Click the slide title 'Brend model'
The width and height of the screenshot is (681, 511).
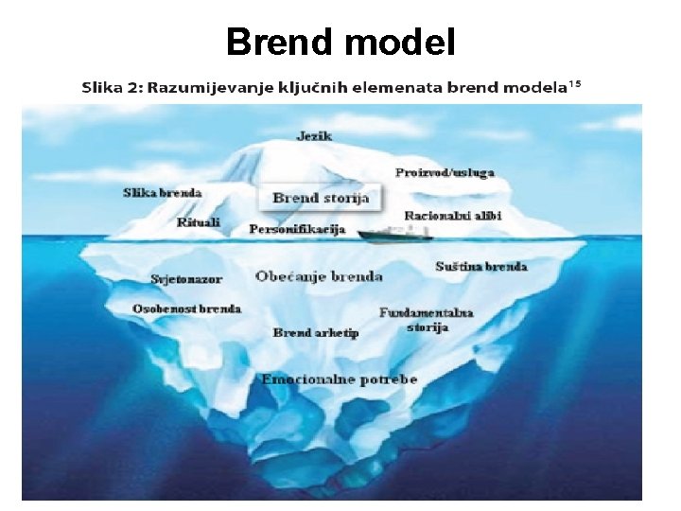(x=340, y=42)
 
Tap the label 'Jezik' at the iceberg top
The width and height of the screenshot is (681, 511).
(x=314, y=136)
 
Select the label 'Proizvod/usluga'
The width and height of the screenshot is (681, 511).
(x=445, y=172)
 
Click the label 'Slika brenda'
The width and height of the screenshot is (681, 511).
(x=163, y=193)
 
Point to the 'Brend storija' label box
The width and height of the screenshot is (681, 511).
(x=321, y=198)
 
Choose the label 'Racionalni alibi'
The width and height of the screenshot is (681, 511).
(x=453, y=216)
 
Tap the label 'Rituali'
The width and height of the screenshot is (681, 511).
(x=199, y=222)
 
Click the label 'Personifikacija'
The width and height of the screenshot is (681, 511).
(x=297, y=229)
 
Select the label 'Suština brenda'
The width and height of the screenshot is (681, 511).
(x=480, y=267)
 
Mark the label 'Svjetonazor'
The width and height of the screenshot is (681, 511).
(x=185, y=279)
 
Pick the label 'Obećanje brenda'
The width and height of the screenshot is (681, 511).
(x=319, y=276)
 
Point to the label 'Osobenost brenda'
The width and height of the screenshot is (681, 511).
(x=186, y=308)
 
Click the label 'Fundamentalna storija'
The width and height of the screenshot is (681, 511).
(x=426, y=320)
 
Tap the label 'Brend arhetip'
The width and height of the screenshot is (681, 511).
(x=316, y=332)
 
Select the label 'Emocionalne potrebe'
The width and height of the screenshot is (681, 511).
(x=340, y=379)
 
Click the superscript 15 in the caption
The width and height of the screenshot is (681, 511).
(x=574, y=84)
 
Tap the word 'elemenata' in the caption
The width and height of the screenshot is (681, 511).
(x=398, y=89)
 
